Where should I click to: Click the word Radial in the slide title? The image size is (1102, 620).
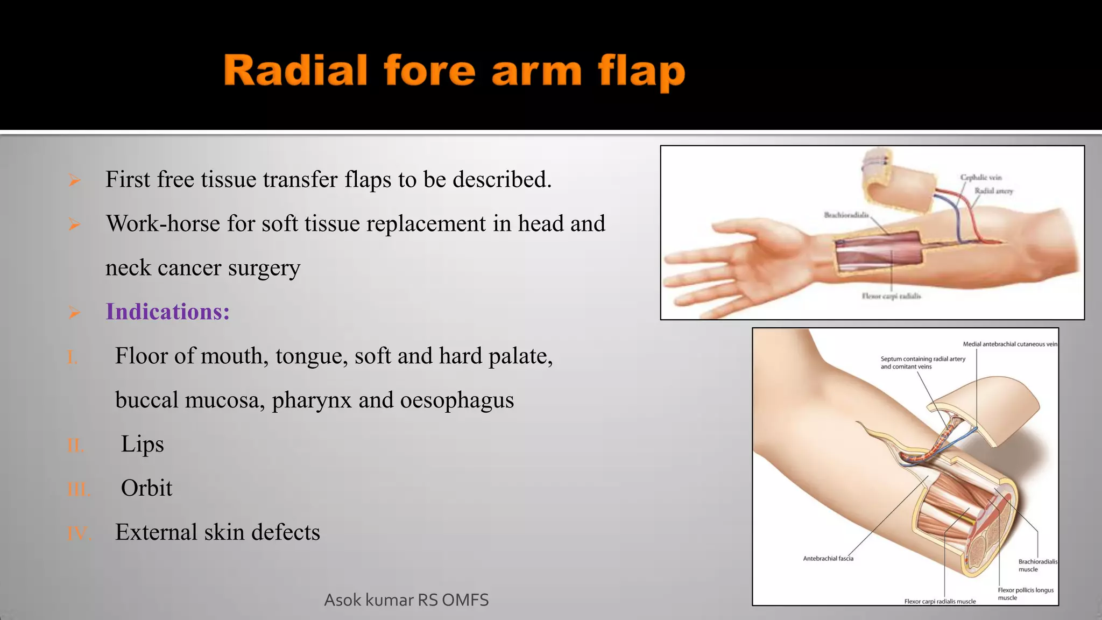(x=295, y=71)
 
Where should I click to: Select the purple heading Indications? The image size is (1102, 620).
(x=167, y=312)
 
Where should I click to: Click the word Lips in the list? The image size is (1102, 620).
(x=142, y=444)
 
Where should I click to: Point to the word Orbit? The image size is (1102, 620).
(x=146, y=488)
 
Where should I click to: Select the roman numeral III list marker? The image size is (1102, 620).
(x=79, y=489)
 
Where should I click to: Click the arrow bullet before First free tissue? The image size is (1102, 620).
(x=74, y=180)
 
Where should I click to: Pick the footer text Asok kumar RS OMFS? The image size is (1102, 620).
(x=406, y=600)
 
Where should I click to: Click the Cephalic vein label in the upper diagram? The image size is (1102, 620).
(x=981, y=177)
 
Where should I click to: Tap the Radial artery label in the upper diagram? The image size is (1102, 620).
(x=993, y=191)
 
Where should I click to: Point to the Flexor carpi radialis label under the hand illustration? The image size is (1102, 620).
(x=891, y=296)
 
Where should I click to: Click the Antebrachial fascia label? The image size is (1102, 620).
(x=828, y=559)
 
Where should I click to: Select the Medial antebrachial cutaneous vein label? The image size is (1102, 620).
(x=1010, y=344)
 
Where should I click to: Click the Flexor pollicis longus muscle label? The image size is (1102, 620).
(x=1026, y=594)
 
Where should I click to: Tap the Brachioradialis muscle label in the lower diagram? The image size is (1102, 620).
(x=1037, y=565)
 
